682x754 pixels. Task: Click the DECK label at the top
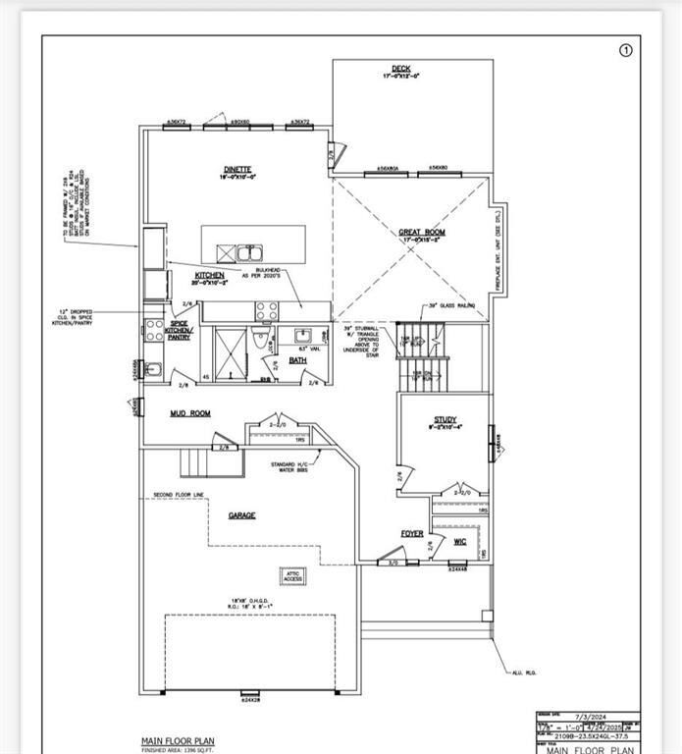click(x=401, y=69)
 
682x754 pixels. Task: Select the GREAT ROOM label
click(x=422, y=233)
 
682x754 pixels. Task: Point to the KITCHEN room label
click(x=209, y=276)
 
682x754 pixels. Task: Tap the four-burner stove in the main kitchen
click(x=266, y=311)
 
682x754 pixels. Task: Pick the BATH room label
click(x=297, y=360)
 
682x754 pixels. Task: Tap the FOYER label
click(x=412, y=534)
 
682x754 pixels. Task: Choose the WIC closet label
click(x=459, y=541)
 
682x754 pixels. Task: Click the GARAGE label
click(x=241, y=514)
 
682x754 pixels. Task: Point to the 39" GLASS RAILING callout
click(x=451, y=306)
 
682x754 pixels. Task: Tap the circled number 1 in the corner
click(x=627, y=50)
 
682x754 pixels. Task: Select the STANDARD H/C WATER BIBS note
click(x=295, y=466)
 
